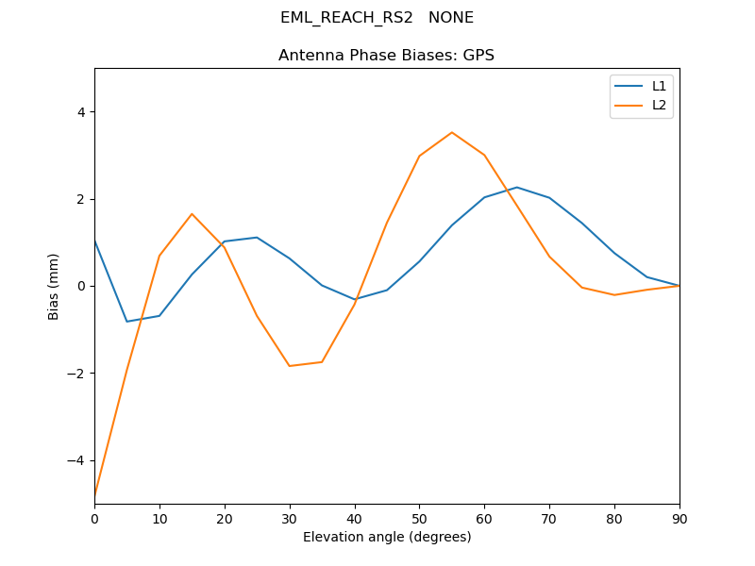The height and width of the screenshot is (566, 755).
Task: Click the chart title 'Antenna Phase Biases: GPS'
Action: pos(386,56)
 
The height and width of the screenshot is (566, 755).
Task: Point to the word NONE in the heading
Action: pos(451,18)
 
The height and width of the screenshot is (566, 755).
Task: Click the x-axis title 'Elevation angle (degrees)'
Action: pos(387,538)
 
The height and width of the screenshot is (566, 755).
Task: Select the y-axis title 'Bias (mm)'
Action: pos(54,286)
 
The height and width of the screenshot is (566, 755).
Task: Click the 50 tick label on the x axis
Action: pos(419,518)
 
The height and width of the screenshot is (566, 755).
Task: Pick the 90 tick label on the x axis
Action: pos(679,518)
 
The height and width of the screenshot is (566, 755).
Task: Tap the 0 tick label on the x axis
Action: pos(94,518)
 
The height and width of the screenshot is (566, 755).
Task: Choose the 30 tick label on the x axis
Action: pos(290,518)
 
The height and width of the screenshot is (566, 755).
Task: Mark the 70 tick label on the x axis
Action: pos(549,518)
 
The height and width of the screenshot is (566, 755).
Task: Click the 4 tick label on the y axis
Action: pos(81,112)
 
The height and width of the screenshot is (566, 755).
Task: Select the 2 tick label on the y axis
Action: pos(81,199)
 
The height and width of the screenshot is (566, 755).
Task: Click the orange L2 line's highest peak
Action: pos(452,132)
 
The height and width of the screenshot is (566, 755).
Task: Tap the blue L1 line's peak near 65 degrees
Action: pos(517,188)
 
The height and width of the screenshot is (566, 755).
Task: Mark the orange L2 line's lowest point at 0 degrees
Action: pos(95,493)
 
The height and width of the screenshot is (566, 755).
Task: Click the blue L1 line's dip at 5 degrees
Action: pos(127,322)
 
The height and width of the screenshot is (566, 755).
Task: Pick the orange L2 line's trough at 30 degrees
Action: pos(290,366)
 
